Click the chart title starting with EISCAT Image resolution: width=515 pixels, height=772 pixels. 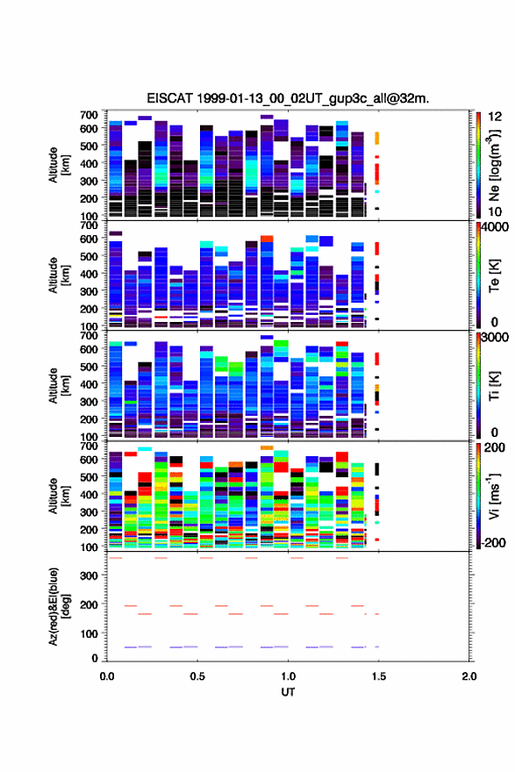[288, 98]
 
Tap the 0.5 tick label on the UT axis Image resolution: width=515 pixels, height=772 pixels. [197, 676]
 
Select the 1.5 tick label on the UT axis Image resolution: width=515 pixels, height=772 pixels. [379, 676]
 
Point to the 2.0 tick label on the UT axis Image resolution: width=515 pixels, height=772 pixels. [469, 676]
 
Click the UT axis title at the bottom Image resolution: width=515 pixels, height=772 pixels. [288, 692]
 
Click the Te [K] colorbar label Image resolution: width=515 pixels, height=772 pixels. [494, 276]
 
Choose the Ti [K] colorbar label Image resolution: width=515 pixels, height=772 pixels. [494, 387]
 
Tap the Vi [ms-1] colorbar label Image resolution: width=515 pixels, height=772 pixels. [494, 497]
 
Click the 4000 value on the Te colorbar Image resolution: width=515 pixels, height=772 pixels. [496, 227]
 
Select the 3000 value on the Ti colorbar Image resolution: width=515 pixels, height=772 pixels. [496, 338]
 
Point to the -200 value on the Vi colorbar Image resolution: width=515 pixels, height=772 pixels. [494, 542]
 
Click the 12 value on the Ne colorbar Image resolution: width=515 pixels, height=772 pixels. [496, 117]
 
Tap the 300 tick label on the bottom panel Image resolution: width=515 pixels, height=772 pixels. [89, 575]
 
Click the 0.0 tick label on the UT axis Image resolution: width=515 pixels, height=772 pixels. [107, 676]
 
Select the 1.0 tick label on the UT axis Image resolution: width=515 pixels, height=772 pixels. [288, 676]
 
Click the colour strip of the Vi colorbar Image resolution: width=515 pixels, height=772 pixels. [478, 496]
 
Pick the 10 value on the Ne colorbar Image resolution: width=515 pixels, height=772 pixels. [496, 211]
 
